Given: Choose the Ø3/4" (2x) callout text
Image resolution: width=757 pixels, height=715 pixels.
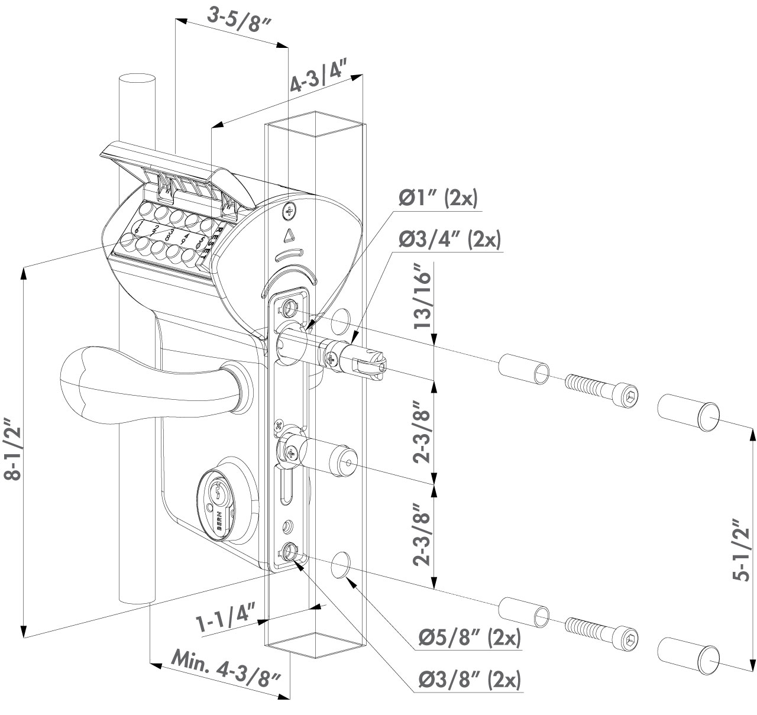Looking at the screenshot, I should coord(449,240).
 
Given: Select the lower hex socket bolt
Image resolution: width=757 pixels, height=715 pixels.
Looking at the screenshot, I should coord(600,629).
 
